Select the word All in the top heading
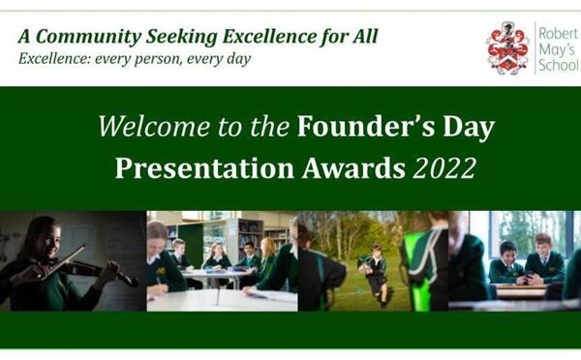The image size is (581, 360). (363, 37)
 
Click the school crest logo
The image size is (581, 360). (507, 47)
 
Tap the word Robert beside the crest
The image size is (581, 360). (557, 32)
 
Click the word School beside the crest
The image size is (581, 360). (558, 68)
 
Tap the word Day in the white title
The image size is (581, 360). (467, 127)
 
